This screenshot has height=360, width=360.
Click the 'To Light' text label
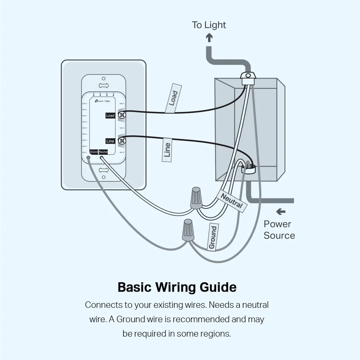click(x=209, y=25)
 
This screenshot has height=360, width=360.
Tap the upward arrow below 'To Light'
click(x=209, y=37)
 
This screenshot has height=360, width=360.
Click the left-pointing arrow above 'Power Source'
click(x=281, y=212)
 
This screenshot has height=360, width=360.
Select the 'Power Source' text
click(x=279, y=230)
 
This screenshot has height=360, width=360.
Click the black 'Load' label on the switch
click(x=110, y=116)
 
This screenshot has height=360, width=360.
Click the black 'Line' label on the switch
click(x=110, y=141)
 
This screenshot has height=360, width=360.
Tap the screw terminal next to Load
click(x=122, y=115)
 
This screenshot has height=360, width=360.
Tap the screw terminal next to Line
click(x=122, y=140)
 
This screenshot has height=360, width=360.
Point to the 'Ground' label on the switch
click(x=94, y=152)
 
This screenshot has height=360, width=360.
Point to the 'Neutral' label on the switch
click(x=103, y=152)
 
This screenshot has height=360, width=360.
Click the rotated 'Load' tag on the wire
click(x=174, y=98)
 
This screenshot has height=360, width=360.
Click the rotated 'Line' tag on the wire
click(x=167, y=150)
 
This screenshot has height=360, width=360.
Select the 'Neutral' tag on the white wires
click(x=232, y=201)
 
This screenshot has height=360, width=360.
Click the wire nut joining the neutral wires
click(x=196, y=198)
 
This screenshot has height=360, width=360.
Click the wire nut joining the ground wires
click(x=188, y=230)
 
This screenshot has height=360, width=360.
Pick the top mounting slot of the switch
click(x=103, y=86)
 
